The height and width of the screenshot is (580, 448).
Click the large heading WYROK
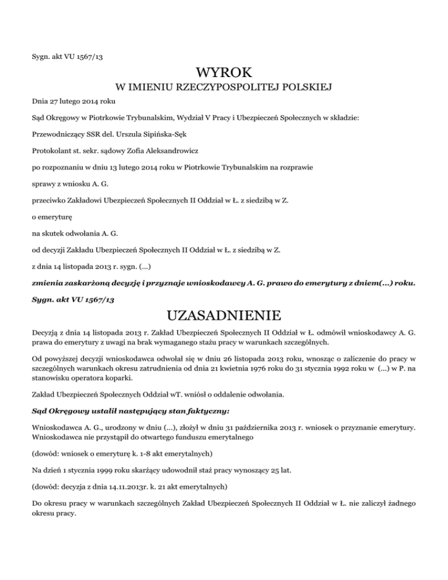tap(224, 74)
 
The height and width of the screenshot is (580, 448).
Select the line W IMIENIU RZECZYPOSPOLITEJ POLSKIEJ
tap(224, 89)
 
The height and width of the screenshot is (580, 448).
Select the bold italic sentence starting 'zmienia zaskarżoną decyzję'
tap(223, 283)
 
